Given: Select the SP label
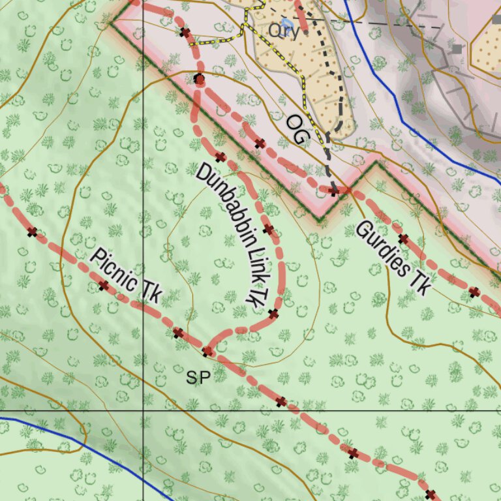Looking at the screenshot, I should pyautogui.click(x=198, y=377).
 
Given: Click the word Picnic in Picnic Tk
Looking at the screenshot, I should pyautogui.click(x=114, y=270).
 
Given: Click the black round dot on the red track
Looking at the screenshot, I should pyautogui.click(x=200, y=79).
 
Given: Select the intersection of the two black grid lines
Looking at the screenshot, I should pyautogui.click(x=143, y=411).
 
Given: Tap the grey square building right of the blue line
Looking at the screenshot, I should pyautogui.click(x=457, y=49).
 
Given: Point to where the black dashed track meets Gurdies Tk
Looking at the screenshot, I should pyautogui.click(x=335, y=190).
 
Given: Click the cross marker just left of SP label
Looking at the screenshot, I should pyautogui.click(x=177, y=333).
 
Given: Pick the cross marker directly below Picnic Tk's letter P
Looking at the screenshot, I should pyautogui.click(x=103, y=285).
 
